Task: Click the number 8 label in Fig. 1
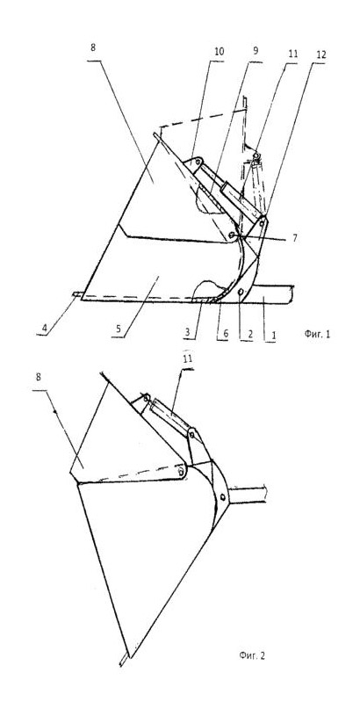click(x=93, y=48)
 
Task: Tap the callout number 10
click(x=219, y=52)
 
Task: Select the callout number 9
click(x=256, y=50)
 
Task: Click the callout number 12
click(x=321, y=54)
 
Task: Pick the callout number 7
click(x=295, y=238)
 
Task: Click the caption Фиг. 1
click(x=317, y=334)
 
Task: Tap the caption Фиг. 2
click(x=252, y=655)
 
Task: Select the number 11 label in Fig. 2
click(x=188, y=359)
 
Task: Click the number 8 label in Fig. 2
click(x=39, y=378)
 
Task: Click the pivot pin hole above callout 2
click(x=241, y=292)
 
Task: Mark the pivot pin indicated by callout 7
click(x=231, y=235)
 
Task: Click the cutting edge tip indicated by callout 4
click(x=75, y=294)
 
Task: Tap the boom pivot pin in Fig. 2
click(x=222, y=497)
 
